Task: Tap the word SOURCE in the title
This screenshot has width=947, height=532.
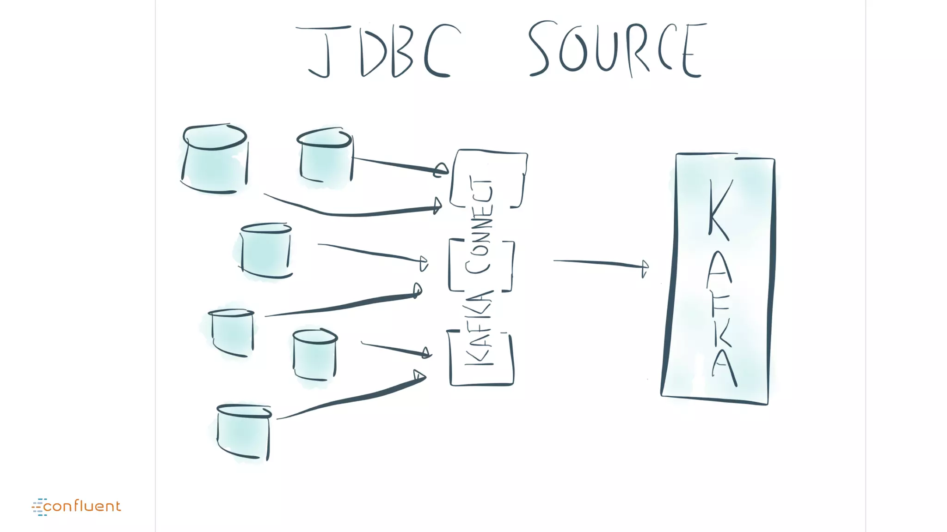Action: pos(618,50)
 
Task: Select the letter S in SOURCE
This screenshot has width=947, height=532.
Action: pos(540,48)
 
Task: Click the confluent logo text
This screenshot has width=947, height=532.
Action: pos(82,507)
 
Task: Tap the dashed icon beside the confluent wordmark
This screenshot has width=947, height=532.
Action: pos(39,507)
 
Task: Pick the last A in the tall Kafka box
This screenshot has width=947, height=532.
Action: pos(724,368)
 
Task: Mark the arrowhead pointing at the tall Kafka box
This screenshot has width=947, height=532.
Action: pos(645,267)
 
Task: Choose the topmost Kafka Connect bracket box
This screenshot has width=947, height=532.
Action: pos(489,178)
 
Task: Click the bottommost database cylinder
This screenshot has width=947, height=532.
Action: pos(243,432)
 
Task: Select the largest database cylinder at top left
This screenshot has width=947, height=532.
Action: pos(215,158)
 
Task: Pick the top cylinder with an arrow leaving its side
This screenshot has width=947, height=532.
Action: pos(325,156)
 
